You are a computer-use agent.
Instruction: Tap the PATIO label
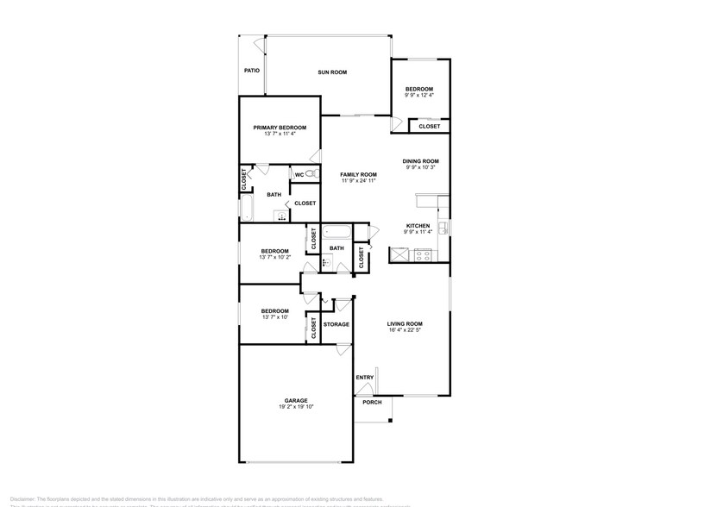click(252, 71)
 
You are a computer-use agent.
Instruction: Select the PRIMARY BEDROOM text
click(280, 128)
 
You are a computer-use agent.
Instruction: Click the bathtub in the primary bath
click(246, 208)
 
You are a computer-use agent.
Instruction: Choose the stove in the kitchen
click(424, 254)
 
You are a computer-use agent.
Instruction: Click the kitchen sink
click(441, 228)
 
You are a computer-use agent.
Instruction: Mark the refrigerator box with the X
click(400, 254)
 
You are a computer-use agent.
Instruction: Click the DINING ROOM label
click(421, 161)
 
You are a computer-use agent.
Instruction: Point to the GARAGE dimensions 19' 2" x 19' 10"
click(295, 407)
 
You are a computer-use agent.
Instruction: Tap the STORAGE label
click(336, 324)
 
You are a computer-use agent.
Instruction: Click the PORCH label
click(372, 403)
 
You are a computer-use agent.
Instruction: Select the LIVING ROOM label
click(405, 323)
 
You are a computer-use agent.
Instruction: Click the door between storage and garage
click(343, 349)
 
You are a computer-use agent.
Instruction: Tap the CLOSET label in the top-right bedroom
click(429, 127)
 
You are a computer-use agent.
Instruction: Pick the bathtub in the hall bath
click(336, 233)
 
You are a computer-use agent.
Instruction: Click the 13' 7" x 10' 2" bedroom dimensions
click(274, 257)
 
